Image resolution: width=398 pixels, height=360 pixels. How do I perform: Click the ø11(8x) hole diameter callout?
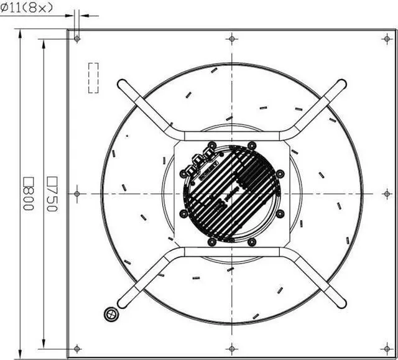click(27, 8)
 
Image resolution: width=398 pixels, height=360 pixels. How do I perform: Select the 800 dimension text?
click(29, 193)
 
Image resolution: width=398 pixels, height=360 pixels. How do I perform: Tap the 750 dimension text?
click(52, 194)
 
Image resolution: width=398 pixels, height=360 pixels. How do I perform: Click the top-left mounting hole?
click(77, 39)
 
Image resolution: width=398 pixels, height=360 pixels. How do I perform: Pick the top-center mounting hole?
click(232, 39)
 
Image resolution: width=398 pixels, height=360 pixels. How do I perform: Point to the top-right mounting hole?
click(387, 39)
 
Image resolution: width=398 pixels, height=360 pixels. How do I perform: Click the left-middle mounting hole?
click(77, 194)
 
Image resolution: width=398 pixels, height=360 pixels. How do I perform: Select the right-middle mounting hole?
click(387, 194)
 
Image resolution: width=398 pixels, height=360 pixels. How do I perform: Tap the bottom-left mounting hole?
click(77, 349)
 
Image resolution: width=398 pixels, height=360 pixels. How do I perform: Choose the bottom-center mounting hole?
click(232, 349)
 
